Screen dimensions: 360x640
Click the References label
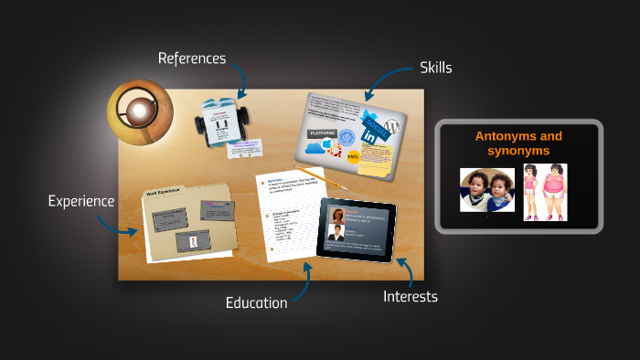(191, 58)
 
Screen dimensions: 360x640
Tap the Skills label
(435, 68)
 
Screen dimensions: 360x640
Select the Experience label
(81, 201)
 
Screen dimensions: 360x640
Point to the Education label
(256, 302)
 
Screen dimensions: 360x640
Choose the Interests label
(410, 296)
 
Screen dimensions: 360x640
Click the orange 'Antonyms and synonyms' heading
(518, 143)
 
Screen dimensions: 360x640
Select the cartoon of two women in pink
(545, 192)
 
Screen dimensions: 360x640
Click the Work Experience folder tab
(164, 193)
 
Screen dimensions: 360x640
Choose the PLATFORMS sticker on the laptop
(322, 133)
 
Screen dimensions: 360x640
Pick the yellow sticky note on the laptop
(377, 159)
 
